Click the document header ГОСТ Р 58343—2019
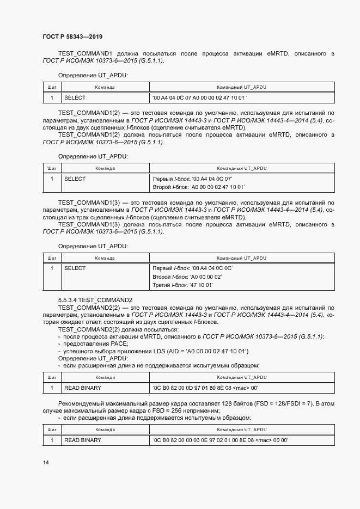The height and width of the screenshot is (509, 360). (72, 36)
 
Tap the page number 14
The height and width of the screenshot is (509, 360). (45, 462)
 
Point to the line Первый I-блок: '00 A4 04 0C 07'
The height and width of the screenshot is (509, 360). (193, 179)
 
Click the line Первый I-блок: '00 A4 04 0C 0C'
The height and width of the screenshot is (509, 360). (193, 268)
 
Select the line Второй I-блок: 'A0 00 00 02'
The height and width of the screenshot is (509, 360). (188, 277)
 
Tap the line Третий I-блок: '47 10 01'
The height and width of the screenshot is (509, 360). (183, 285)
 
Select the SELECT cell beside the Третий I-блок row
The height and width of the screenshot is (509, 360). (75, 268)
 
